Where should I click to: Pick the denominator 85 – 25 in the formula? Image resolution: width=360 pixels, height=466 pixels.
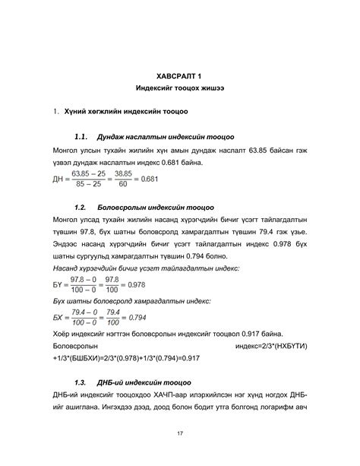[88, 185]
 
